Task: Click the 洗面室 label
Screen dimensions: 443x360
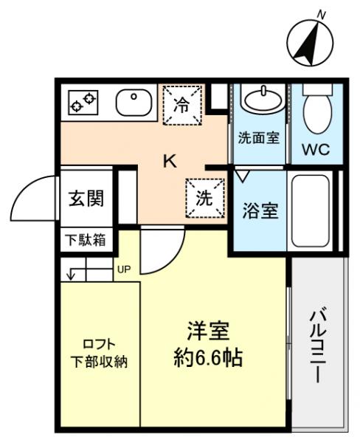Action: pos(258,138)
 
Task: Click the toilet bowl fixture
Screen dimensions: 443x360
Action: pos(316,108)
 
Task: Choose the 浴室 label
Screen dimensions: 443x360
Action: pos(260,210)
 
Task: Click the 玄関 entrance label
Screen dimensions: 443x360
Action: pos(86,199)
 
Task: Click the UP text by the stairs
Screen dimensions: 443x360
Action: pos(122,269)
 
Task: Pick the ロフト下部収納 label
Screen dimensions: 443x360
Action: pos(98,352)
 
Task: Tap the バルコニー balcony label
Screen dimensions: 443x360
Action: pos(317,345)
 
